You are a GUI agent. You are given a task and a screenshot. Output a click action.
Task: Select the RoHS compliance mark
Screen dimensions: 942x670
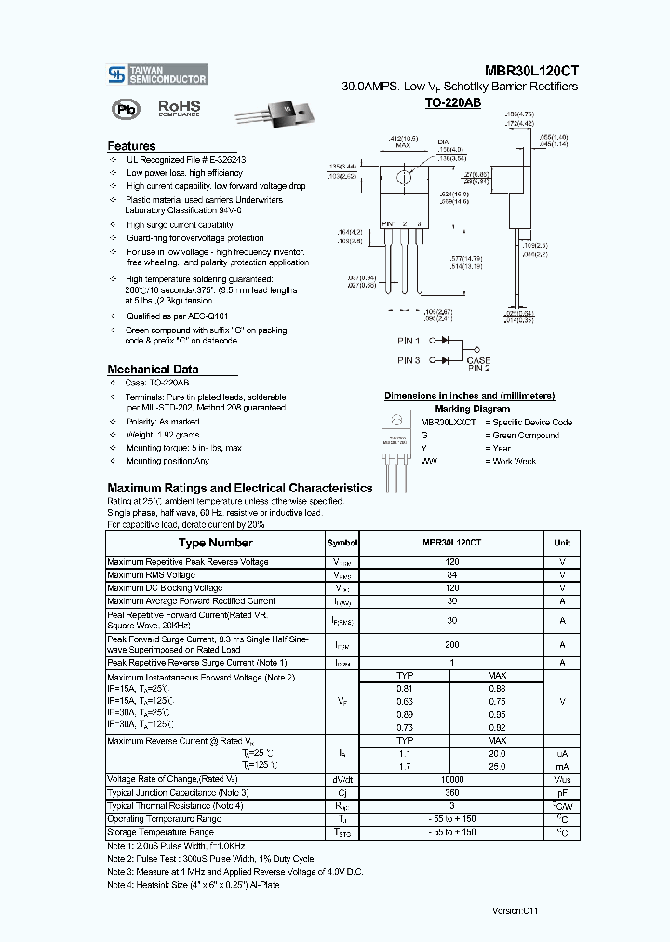[179, 109]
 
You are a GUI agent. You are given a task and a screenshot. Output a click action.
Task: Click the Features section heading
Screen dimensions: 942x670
[131, 146]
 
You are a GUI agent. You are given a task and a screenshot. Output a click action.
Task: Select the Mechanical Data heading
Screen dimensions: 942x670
[153, 370]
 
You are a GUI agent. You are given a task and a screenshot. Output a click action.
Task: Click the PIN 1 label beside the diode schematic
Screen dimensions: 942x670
[409, 341]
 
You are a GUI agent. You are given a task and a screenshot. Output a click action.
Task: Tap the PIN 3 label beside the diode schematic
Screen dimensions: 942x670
[409, 360]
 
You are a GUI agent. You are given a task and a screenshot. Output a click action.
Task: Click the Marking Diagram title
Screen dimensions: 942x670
[472, 409]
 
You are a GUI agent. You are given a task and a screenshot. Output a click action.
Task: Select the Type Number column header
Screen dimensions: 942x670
[215, 543]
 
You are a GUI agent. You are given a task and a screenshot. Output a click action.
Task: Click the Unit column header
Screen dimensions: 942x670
[562, 543]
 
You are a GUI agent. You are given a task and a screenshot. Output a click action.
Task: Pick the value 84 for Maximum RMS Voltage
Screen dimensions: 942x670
[452, 575]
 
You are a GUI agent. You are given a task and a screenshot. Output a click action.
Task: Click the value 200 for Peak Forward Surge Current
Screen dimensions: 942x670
[452, 644]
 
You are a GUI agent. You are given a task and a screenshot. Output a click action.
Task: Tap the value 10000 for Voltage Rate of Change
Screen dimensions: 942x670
[452, 779]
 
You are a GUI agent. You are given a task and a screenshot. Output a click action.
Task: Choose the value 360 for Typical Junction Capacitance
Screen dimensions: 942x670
[452, 792]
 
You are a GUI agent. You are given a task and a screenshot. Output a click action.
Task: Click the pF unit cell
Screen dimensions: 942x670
[562, 792]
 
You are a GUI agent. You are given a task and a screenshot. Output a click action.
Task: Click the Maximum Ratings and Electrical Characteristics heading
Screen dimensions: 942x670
[239, 488]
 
